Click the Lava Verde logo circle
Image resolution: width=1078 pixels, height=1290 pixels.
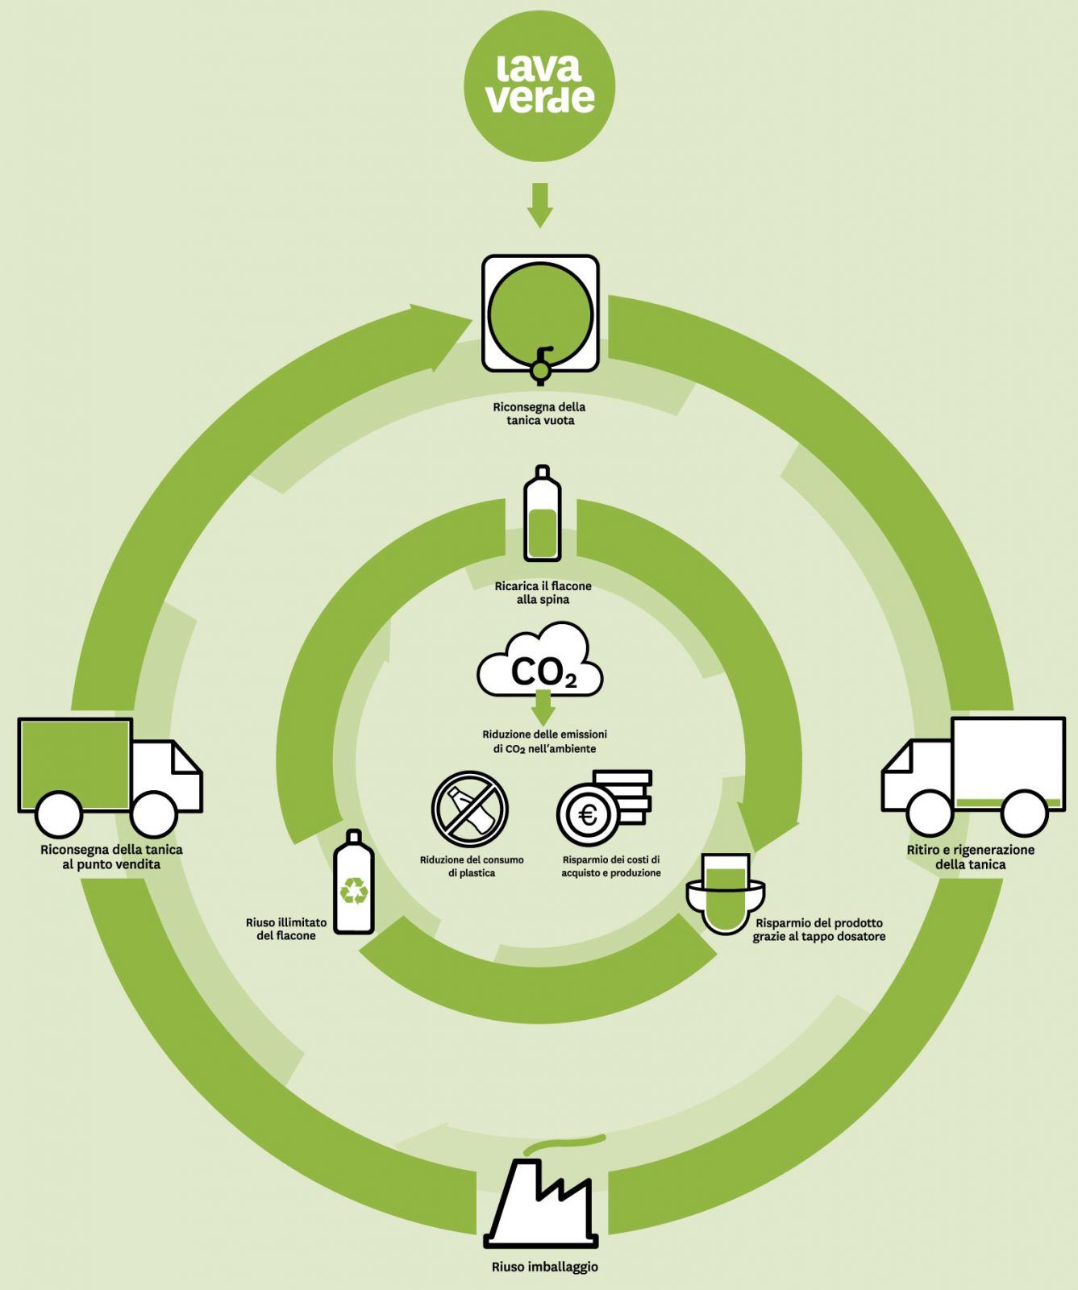[x=539, y=86]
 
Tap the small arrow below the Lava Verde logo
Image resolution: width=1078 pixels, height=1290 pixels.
[x=539, y=206]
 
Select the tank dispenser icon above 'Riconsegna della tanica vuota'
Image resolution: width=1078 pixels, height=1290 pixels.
[x=540, y=314]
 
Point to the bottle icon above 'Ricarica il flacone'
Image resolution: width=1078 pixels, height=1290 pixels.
[x=542, y=514]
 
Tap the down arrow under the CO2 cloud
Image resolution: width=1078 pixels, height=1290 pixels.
[x=543, y=709]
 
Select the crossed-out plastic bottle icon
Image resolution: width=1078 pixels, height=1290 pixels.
[x=469, y=809]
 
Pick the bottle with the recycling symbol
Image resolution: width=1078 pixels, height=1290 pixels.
[x=354, y=882]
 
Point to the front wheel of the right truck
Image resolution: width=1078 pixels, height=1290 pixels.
[x=928, y=813]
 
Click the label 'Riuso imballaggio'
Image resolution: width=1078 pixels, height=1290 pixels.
[x=545, y=1267]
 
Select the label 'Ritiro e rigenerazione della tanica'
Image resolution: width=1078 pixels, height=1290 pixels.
[x=970, y=857]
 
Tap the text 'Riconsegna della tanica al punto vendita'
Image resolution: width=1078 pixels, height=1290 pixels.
[x=111, y=857]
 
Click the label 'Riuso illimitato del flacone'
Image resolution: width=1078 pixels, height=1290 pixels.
[x=286, y=929]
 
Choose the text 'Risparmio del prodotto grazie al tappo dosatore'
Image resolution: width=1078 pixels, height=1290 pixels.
[x=819, y=930]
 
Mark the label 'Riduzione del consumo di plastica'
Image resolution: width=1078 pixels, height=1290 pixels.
[x=472, y=867]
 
